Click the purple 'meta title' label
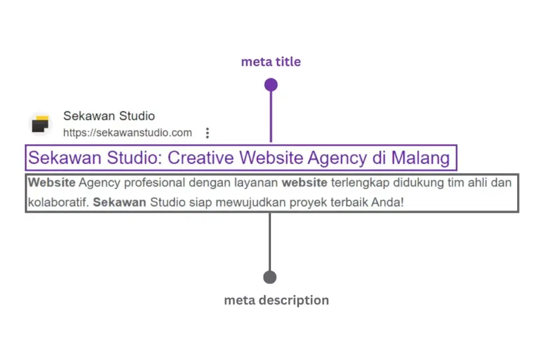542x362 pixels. [271, 62]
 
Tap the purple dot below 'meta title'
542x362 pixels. [271, 85]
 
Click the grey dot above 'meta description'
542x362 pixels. [270, 277]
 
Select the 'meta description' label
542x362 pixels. [276, 301]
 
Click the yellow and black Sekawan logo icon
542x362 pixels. [40, 124]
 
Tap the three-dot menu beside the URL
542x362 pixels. [207, 133]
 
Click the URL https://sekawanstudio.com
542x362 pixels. [128, 133]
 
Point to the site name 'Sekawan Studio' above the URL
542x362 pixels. [109, 116]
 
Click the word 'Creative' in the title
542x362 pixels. [201, 158]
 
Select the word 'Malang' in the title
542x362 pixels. [420, 158]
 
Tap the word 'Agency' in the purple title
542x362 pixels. [337, 158]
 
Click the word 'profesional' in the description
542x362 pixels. [155, 183]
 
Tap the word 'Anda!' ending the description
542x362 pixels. [387, 202]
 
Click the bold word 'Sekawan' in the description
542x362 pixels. [120, 202]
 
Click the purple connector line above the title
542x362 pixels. [271, 117]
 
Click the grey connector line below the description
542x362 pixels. [270, 242]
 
